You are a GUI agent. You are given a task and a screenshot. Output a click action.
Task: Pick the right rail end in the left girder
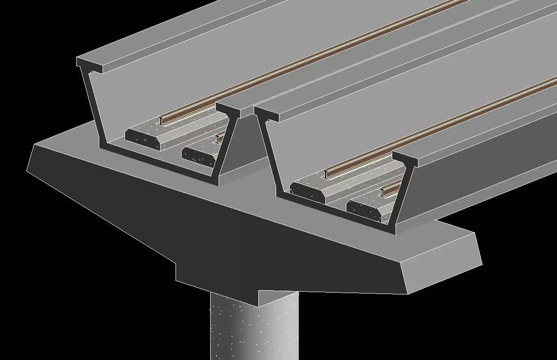click(217, 139)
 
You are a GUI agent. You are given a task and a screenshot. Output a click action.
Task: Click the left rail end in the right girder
click(327, 174)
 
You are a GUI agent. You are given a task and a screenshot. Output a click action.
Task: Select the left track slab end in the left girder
click(143, 139)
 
